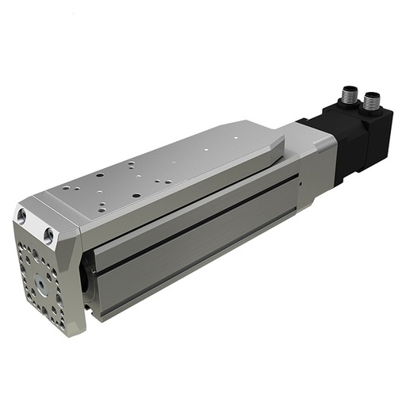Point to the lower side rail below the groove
(198, 262)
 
